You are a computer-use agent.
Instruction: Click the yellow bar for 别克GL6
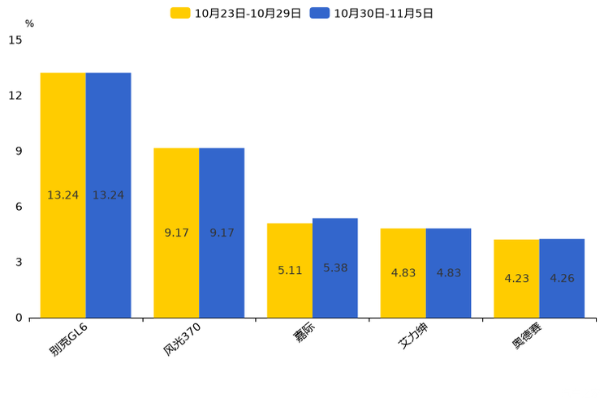(x=63, y=195)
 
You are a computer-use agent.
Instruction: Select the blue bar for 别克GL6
(x=108, y=195)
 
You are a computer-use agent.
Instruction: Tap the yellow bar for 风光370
(x=176, y=233)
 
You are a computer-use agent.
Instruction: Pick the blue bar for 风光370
(x=222, y=233)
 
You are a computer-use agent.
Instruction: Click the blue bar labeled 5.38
(x=335, y=268)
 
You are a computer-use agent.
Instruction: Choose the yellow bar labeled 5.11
(x=290, y=271)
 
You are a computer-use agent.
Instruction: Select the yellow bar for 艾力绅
(x=403, y=273)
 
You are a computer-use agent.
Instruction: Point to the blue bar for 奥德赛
(x=562, y=279)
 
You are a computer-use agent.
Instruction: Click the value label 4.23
(x=516, y=278)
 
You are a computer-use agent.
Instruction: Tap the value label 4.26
(x=562, y=278)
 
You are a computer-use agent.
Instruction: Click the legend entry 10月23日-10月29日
(x=235, y=14)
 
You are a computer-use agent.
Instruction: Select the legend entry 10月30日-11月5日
(x=371, y=14)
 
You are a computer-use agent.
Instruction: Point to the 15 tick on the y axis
(x=15, y=40)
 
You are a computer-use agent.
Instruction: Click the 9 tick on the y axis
(x=19, y=152)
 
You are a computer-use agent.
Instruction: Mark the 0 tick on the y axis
(x=19, y=319)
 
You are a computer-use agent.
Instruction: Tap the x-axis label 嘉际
(x=304, y=332)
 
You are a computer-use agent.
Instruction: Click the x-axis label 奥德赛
(x=527, y=336)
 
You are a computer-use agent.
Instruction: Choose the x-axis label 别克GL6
(x=68, y=339)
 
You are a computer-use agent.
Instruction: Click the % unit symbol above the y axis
(x=30, y=24)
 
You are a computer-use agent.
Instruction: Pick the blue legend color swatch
(x=320, y=13)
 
